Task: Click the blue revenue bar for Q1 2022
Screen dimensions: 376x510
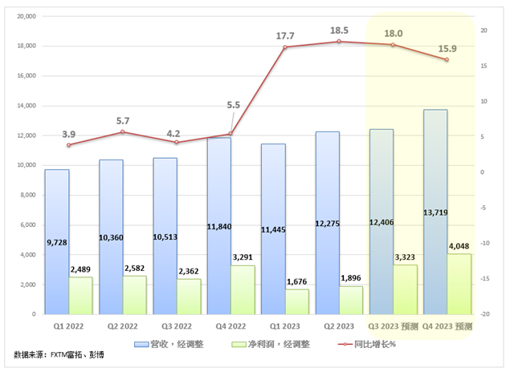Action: (x=56, y=241)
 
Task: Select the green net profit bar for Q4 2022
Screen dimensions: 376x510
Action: (x=243, y=289)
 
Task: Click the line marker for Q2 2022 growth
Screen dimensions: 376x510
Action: (x=123, y=131)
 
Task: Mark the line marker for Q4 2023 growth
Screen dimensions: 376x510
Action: (x=447, y=60)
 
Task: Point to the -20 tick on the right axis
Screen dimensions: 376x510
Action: (x=484, y=314)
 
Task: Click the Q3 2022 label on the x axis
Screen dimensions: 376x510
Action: (x=177, y=327)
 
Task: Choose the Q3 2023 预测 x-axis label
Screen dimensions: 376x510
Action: (x=394, y=327)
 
